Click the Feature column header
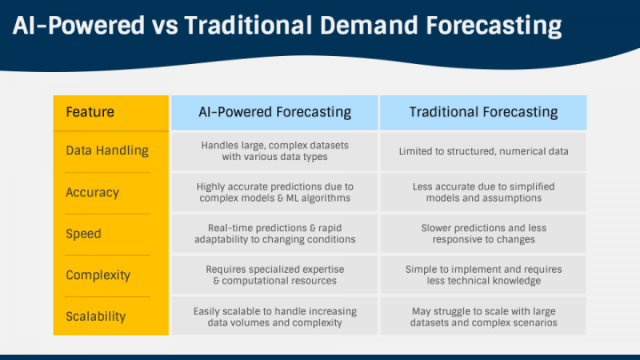point(90,112)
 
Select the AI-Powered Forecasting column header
point(275,112)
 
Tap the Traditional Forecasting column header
point(484,112)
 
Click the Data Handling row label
point(107,150)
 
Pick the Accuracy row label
point(92,192)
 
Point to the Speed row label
point(84,234)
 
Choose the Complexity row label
point(98,275)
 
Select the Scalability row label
point(95,316)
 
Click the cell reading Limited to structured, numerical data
point(484,151)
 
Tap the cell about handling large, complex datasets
point(275,151)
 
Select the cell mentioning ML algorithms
point(275,192)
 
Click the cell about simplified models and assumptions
point(484,192)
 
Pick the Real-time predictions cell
point(275,234)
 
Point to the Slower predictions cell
point(484,234)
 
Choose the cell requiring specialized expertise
point(275,275)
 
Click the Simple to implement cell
point(484,275)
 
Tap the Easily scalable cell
point(275,316)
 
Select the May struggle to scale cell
point(484,316)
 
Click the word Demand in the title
point(369,25)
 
